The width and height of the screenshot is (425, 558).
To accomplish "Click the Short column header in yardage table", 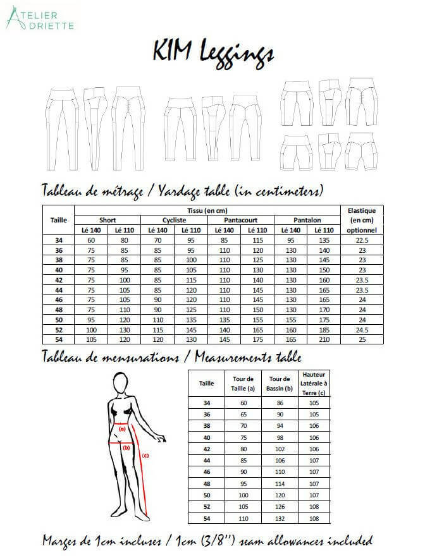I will point(108,219).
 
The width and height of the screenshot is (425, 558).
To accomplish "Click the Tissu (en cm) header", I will point(207,210).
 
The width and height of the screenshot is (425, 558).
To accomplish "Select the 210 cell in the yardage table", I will point(324,339).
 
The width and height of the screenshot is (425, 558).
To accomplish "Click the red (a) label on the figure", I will point(121,428).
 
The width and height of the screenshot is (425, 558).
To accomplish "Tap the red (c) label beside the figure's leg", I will point(145,454).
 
